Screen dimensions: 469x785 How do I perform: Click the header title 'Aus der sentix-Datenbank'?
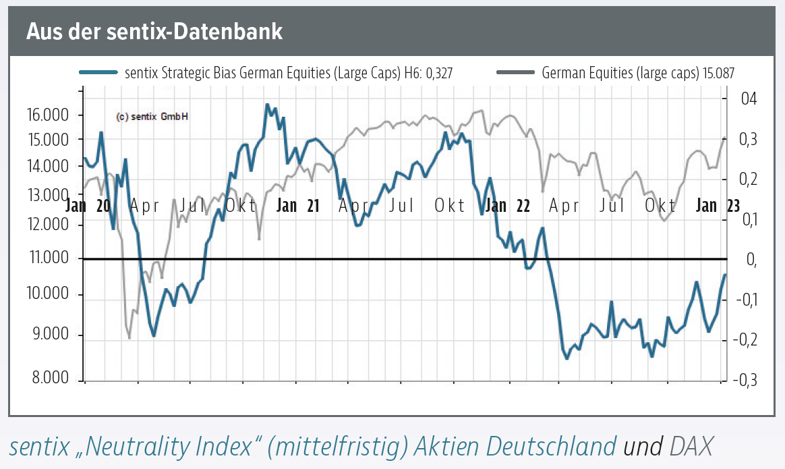click(x=154, y=32)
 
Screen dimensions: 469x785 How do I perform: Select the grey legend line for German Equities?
click(x=515, y=72)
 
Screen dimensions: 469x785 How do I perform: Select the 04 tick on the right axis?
click(x=749, y=99)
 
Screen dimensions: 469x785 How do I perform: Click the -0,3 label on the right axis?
click(x=746, y=381)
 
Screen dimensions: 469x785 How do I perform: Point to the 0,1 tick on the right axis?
click(x=748, y=219)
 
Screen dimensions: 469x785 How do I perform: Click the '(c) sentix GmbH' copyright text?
click(x=152, y=116)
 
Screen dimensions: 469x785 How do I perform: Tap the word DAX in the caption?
click(x=691, y=445)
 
